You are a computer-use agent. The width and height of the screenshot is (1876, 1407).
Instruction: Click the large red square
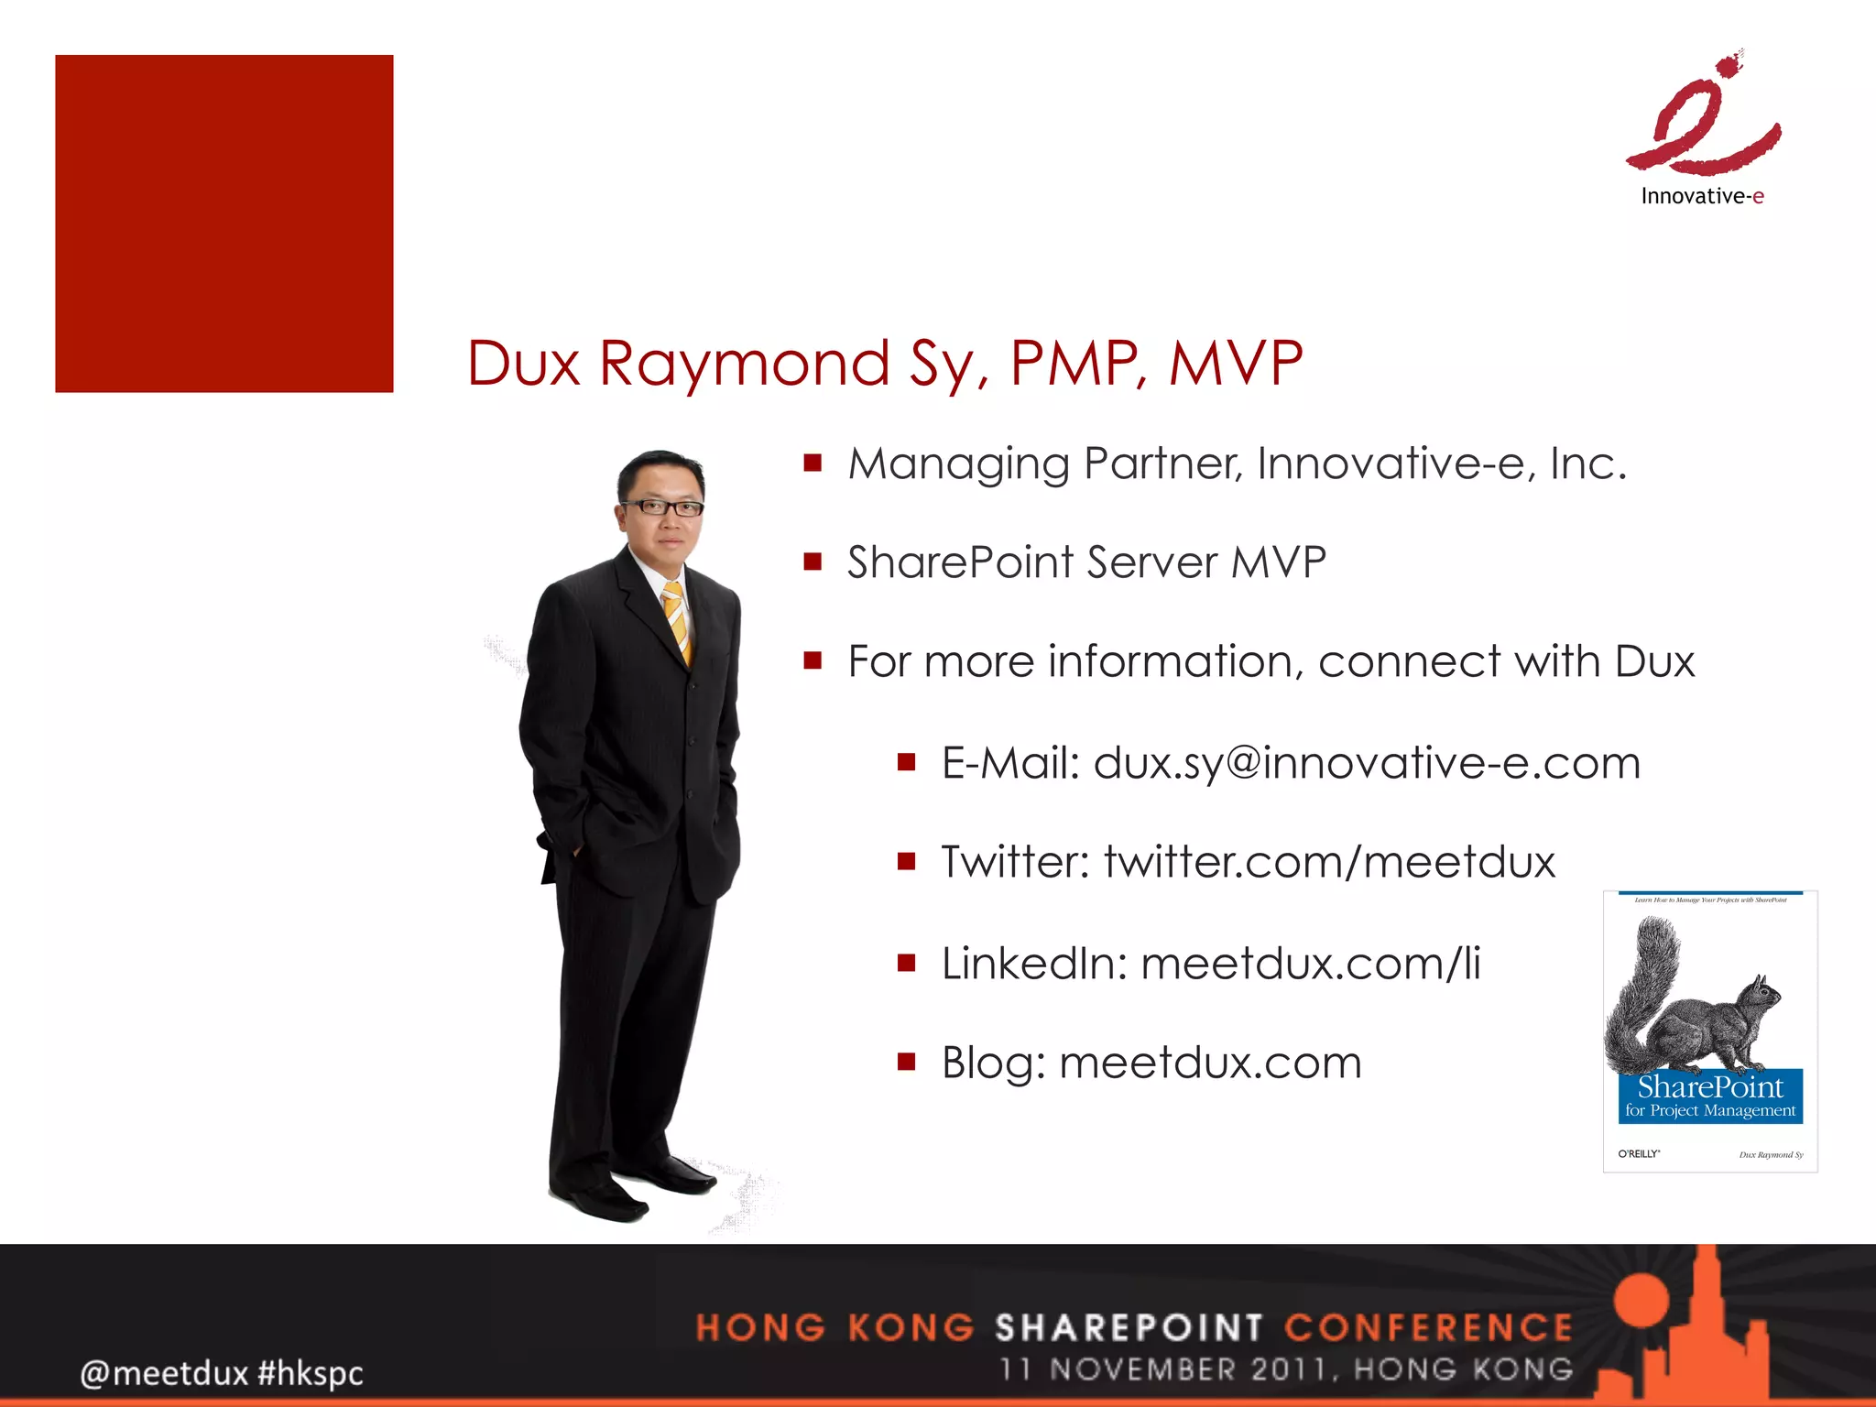pyautogui.click(x=224, y=224)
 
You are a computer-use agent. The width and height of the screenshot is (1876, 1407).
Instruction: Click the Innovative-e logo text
pyautogui.click(x=1702, y=196)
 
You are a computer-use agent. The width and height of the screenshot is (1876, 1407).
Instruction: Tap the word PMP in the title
pyautogui.click(x=1077, y=363)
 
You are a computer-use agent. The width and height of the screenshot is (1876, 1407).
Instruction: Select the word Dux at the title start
pyautogui.click(x=523, y=363)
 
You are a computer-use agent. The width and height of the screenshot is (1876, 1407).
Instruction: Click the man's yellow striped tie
pyautogui.click(x=677, y=622)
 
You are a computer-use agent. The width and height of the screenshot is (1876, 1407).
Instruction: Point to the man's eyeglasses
pyautogui.click(x=661, y=507)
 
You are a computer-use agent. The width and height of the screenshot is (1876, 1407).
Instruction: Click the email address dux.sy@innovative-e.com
pyautogui.click(x=1367, y=763)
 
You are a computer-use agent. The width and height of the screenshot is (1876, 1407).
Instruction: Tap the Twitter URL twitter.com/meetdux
pyautogui.click(x=1329, y=862)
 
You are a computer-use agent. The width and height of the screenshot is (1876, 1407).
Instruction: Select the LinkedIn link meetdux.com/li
pyautogui.click(x=1310, y=964)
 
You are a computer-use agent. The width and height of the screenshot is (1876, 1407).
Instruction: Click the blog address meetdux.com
pyautogui.click(x=1210, y=1063)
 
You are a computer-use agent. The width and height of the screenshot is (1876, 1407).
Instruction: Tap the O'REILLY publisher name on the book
pyautogui.click(x=1639, y=1154)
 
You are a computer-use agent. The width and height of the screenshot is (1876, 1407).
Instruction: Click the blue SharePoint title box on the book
pyautogui.click(x=1709, y=1096)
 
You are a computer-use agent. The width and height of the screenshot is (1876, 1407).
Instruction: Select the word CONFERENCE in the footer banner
pyautogui.click(x=1428, y=1327)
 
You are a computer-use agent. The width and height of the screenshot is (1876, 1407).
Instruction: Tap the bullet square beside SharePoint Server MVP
pyautogui.click(x=813, y=562)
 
